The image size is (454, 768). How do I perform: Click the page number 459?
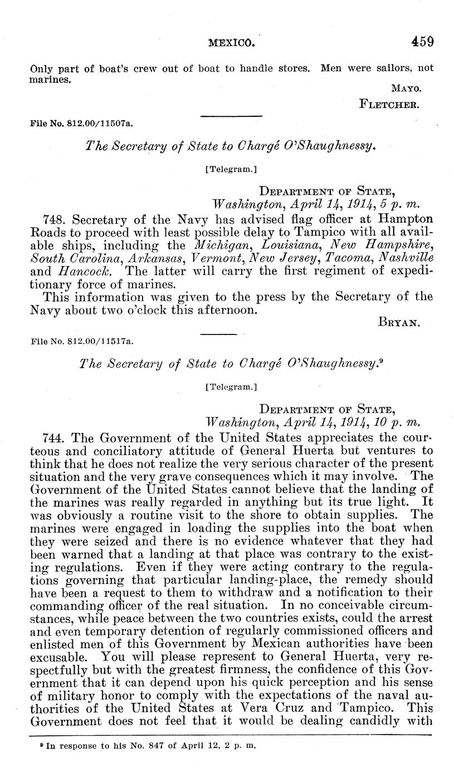pyautogui.click(x=422, y=41)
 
